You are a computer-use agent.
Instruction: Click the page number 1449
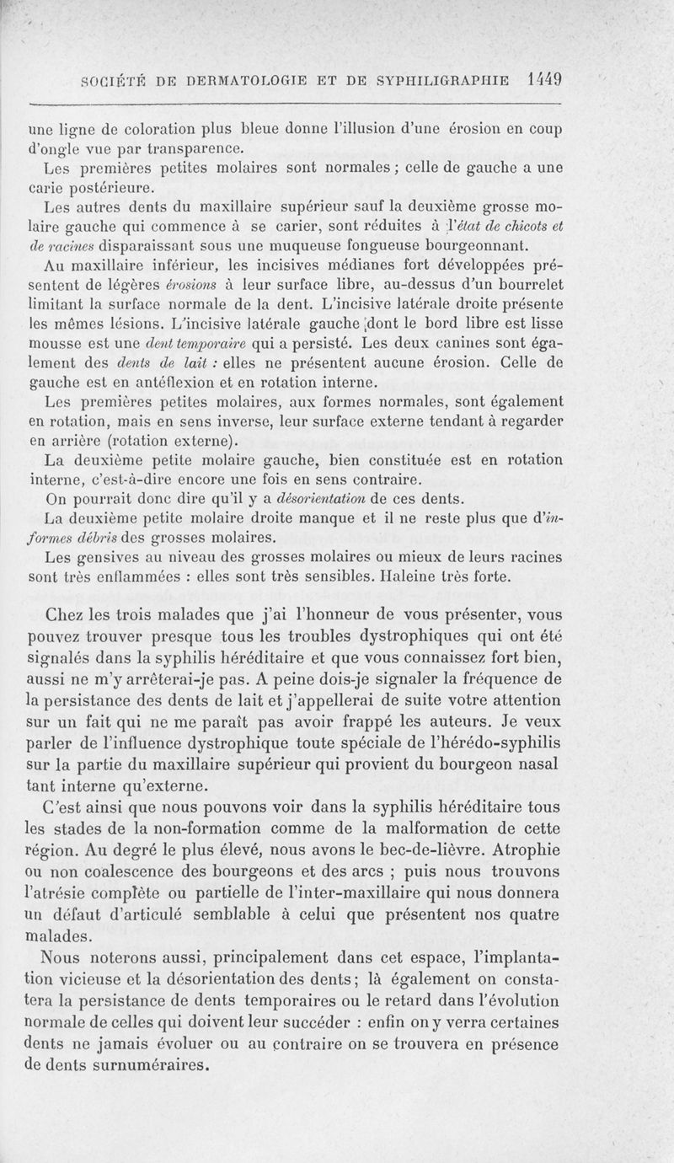click(543, 80)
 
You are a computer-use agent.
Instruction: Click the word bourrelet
click(522, 285)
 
